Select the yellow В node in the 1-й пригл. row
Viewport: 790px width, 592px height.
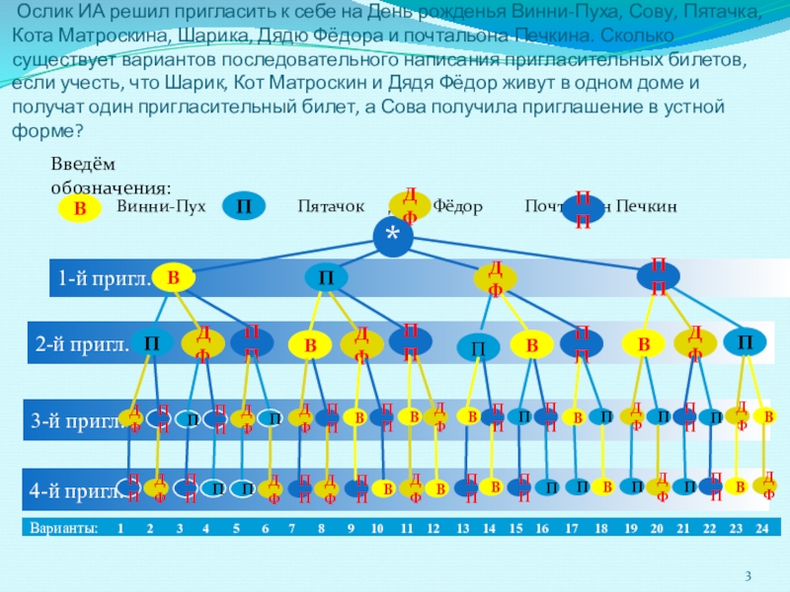[173, 278]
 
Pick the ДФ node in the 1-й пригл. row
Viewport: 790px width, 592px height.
[495, 279]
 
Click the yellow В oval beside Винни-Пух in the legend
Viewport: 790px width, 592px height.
[81, 208]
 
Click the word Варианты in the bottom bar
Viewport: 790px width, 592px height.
[63, 529]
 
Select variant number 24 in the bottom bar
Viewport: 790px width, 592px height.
[761, 529]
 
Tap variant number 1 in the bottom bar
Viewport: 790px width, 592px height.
[119, 529]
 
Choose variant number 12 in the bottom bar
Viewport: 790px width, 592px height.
[433, 529]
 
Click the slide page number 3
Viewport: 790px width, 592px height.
[749, 575]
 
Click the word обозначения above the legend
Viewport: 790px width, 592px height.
[111, 186]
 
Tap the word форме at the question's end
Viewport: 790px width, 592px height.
[44, 130]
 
